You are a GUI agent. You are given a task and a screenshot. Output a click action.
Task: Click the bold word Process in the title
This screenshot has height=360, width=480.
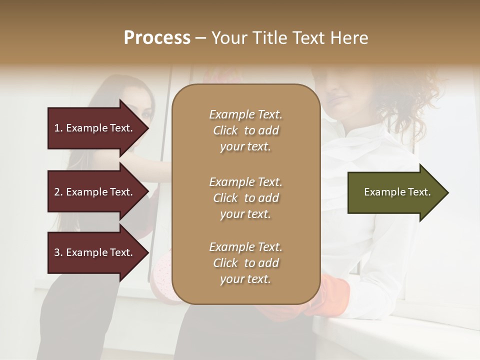[x=157, y=38]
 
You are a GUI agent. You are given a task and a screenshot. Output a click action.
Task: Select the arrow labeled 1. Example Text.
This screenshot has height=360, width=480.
[x=95, y=128]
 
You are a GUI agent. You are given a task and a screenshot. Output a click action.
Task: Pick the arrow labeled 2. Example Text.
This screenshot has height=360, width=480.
[x=95, y=192]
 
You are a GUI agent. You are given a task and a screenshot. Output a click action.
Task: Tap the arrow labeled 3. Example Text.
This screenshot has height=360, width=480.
[x=95, y=252]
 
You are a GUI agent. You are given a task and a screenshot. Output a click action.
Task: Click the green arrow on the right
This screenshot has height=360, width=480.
[x=395, y=192]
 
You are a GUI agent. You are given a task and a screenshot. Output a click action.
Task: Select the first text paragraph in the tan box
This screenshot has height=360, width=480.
[x=245, y=130]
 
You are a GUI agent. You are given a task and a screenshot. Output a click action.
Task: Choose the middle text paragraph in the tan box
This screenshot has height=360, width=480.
[x=245, y=198]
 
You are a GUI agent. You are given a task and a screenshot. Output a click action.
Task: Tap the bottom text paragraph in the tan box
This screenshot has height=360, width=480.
[x=245, y=263]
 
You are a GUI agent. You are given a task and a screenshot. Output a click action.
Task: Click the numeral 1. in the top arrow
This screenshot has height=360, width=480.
[x=58, y=128]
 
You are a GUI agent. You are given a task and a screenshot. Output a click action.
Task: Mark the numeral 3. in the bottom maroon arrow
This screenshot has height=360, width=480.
[x=58, y=252]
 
